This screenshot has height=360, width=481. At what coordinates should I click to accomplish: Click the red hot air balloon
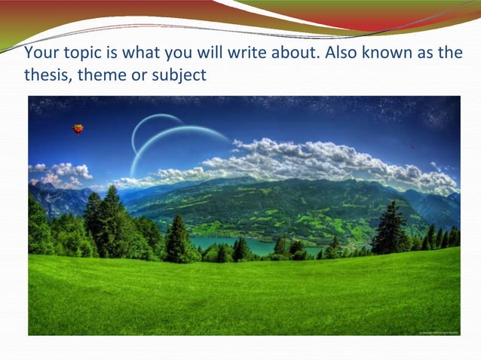[78, 129]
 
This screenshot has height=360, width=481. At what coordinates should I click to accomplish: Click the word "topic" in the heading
[76, 55]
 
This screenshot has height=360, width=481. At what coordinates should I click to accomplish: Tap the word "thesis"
[46, 75]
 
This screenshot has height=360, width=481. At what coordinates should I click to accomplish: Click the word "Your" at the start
[39, 55]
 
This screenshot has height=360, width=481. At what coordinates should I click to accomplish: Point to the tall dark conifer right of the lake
[390, 227]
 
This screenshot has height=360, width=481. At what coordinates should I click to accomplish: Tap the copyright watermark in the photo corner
[436, 331]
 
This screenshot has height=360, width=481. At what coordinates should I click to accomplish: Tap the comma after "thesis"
[68, 79]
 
